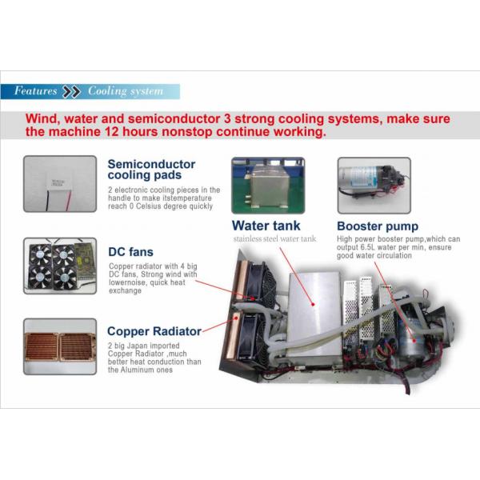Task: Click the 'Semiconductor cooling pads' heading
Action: point(151,170)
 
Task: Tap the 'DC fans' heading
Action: point(130,252)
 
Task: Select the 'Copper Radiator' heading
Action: point(154,331)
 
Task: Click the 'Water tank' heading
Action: point(266,226)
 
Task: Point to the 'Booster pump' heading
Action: point(378,226)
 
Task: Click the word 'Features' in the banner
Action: point(35,90)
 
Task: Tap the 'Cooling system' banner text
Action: point(126,91)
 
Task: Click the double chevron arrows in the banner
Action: point(71,91)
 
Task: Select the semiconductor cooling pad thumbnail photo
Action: point(60,184)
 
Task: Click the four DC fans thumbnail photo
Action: point(60,266)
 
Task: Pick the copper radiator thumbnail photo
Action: point(60,346)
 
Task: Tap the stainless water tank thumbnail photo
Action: point(268,186)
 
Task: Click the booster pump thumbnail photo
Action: point(374,186)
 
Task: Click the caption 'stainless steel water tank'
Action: point(274,238)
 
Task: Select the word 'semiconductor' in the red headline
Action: point(174,118)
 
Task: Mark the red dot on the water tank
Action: point(313,304)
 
